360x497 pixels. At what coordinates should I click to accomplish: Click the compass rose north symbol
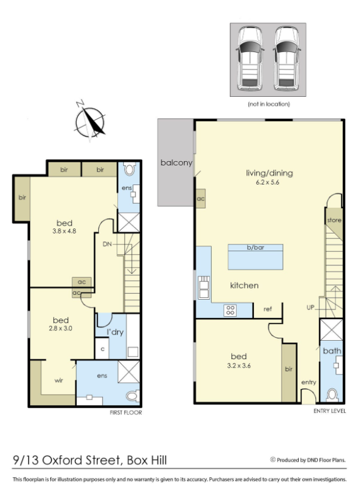point(90,122)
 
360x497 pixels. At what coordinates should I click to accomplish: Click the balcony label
point(177,163)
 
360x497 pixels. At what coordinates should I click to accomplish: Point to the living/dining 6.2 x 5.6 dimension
point(267,182)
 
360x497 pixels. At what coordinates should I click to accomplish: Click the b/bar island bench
point(255,257)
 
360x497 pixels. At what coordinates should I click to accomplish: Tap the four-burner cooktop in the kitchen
point(230,310)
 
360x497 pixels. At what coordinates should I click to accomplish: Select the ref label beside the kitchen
point(267,309)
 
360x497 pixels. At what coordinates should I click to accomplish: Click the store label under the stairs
point(334,220)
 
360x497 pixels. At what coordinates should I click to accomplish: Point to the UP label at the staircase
point(310,308)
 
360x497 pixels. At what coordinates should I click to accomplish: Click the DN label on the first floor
point(107,244)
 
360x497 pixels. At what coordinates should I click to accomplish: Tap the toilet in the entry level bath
point(332,395)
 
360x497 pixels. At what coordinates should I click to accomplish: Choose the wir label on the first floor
point(59,381)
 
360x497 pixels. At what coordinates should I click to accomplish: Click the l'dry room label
point(115,332)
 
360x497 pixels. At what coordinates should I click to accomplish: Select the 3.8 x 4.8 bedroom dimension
point(64,231)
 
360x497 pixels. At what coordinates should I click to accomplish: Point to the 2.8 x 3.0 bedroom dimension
point(60,328)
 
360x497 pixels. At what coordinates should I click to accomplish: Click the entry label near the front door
point(308,382)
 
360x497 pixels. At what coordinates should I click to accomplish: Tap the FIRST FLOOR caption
point(126,412)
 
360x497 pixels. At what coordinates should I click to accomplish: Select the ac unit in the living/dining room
point(201,199)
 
